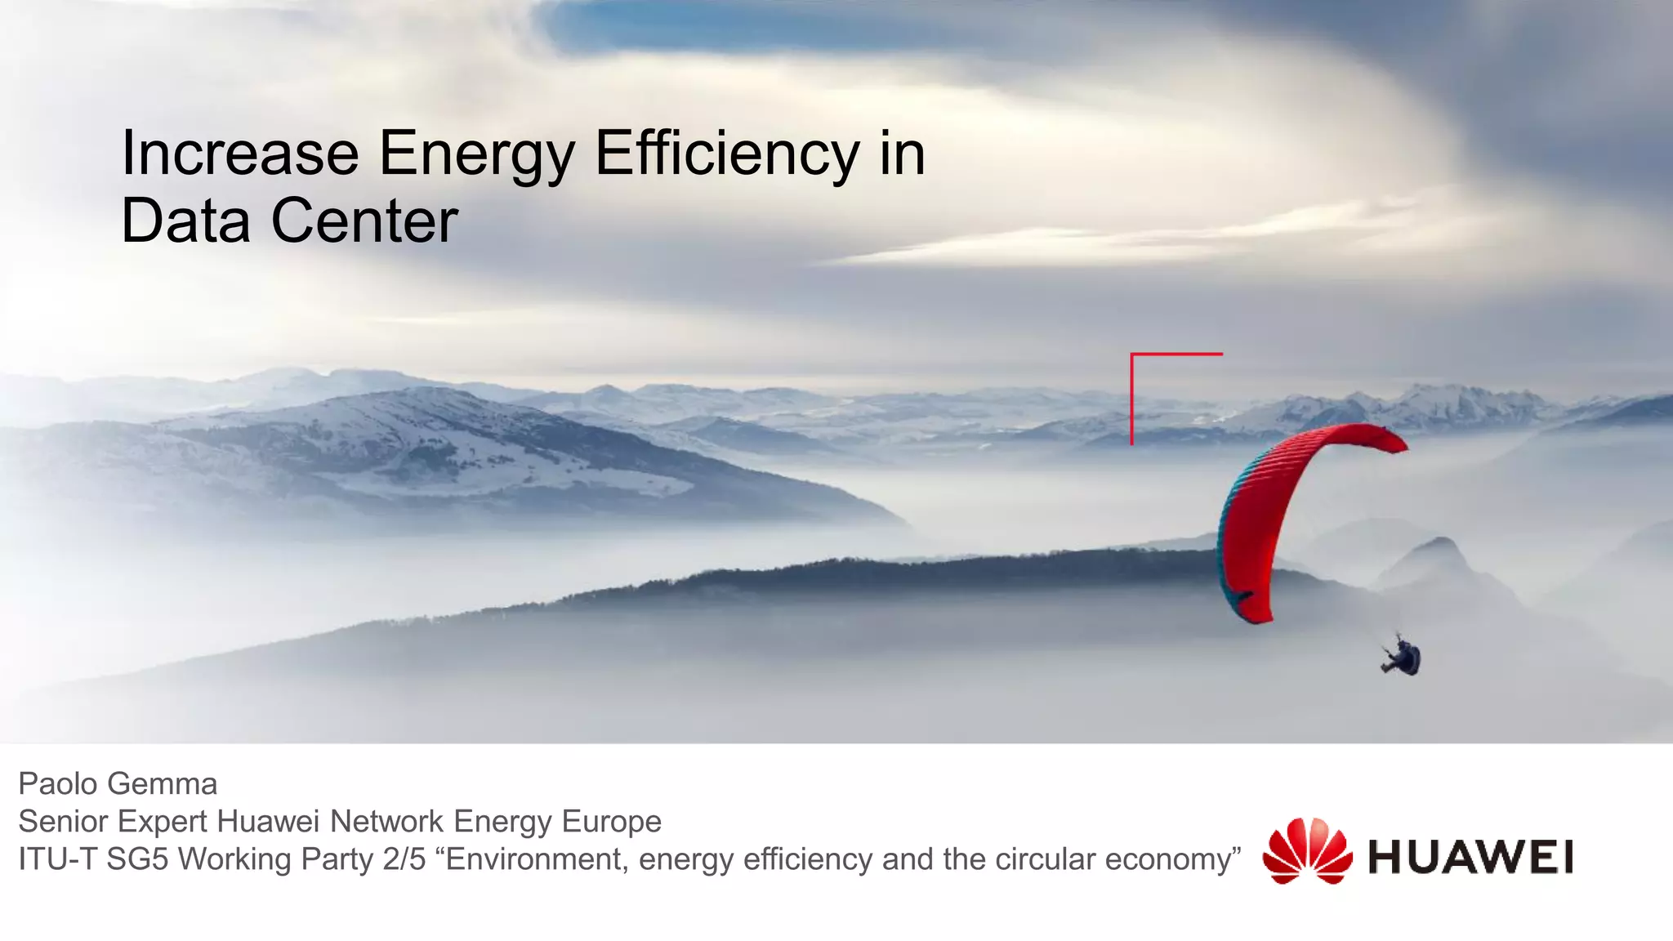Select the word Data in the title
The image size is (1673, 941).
186,221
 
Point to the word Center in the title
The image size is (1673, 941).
364,221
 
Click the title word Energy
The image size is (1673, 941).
477,155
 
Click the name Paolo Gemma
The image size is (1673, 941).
118,784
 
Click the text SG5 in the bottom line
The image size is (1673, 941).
137,859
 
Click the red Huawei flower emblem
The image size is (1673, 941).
1307,852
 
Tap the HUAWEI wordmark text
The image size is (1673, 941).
1470,857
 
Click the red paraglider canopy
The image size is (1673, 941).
1274,506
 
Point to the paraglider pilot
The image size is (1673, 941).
1403,658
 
